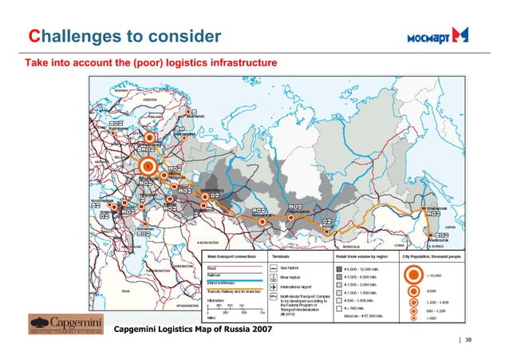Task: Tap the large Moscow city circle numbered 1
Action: [147, 166]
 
